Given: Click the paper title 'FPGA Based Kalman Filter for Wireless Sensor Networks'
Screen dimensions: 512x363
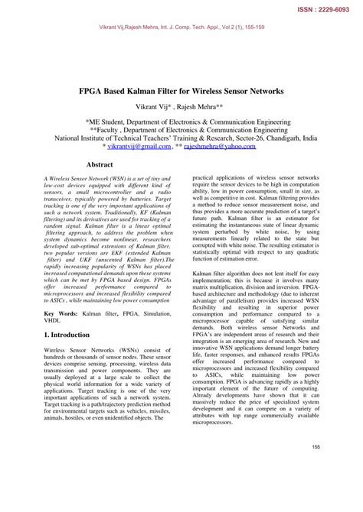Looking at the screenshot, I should (x=181, y=90).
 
